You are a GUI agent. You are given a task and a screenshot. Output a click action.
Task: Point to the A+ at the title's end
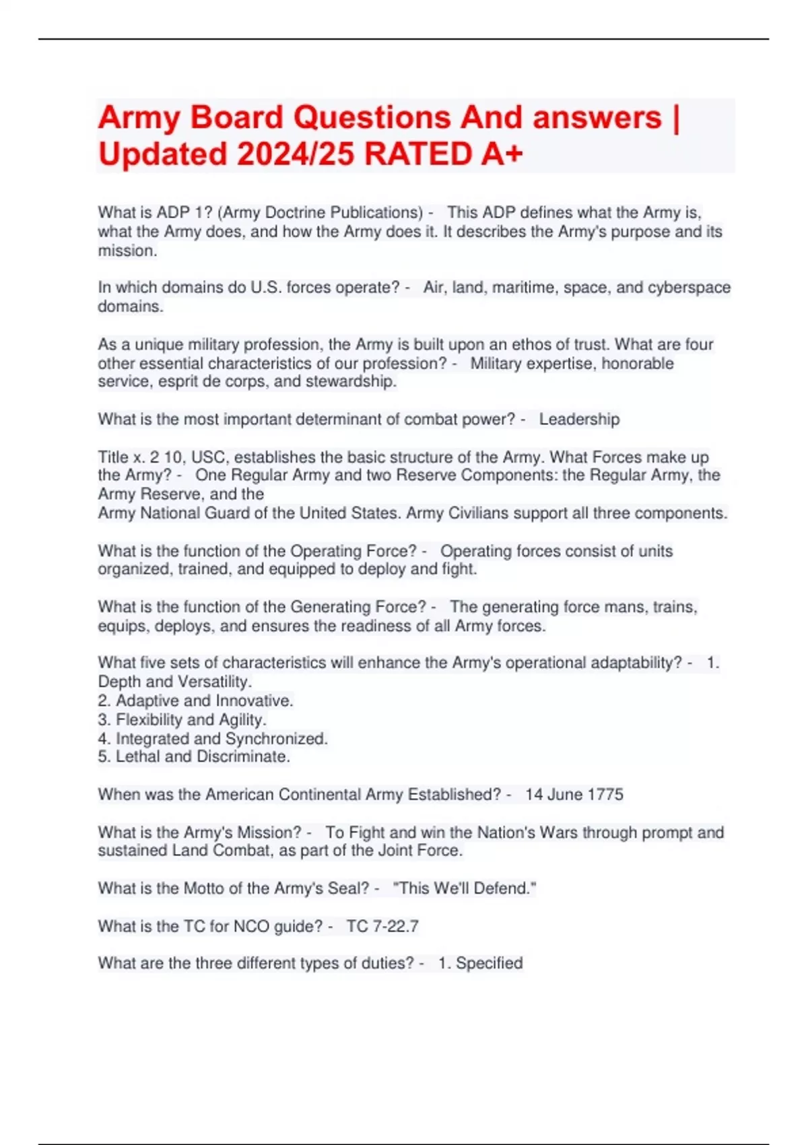[502, 154]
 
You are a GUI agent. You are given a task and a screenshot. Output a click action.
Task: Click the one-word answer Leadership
[579, 420]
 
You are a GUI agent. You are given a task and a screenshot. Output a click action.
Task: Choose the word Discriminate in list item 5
[243, 757]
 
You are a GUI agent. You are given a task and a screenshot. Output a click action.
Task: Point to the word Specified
[489, 963]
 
